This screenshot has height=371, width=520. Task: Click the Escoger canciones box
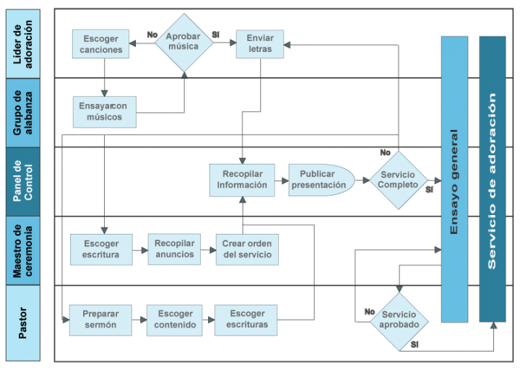pos(101,44)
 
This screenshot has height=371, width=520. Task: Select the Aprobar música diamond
pos(184,43)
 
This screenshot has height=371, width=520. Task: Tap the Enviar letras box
pos(260,44)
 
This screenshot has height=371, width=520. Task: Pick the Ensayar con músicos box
pos(104,112)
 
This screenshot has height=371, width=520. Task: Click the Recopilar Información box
pos(243,180)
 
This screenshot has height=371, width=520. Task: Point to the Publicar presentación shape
pos(320,180)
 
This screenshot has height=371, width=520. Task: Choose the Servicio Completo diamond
pos(399,180)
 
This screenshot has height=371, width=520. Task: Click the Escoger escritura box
pos(101,250)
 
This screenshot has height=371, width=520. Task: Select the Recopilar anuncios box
pos(174,249)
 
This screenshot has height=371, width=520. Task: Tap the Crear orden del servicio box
pos(247,250)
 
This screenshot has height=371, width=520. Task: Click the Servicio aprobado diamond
pos(399,320)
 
